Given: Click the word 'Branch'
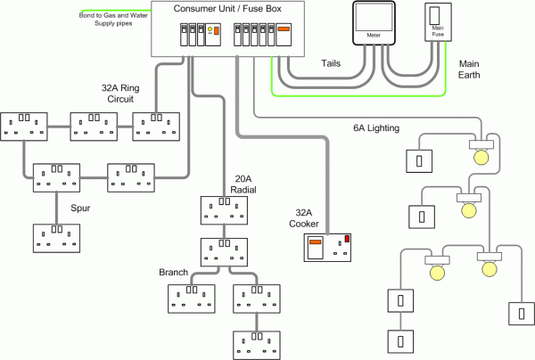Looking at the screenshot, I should click(174, 272).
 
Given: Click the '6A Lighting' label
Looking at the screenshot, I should click(377, 128).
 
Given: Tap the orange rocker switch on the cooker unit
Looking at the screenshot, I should click(315, 241).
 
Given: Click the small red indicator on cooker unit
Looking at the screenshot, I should click(347, 237).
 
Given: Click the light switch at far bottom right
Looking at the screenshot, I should click(517, 315).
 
